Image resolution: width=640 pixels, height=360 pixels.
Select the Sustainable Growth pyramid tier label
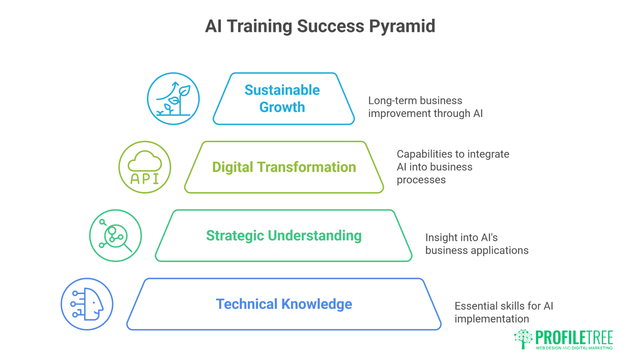(x=282, y=99)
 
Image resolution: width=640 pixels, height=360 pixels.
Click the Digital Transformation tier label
(x=284, y=167)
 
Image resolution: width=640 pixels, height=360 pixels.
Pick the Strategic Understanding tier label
(x=284, y=236)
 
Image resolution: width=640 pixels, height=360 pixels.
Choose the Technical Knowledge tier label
(x=284, y=304)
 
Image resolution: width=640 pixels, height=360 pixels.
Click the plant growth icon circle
(x=173, y=99)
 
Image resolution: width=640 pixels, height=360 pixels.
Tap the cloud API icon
(x=145, y=167)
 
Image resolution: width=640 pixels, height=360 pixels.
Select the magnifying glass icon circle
(x=116, y=236)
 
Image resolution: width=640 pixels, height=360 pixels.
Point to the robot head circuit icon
(x=87, y=304)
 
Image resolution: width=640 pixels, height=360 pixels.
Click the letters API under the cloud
(x=145, y=179)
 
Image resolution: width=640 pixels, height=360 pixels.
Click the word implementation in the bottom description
(x=492, y=319)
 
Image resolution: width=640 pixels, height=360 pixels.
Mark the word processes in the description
(x=421, y=180)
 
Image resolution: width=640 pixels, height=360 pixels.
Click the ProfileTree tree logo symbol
(x=523, y=339)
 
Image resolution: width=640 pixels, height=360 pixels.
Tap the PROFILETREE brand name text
(x=574, y=338)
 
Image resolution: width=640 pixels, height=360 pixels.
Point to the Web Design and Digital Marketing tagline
(x=574, y=348)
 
